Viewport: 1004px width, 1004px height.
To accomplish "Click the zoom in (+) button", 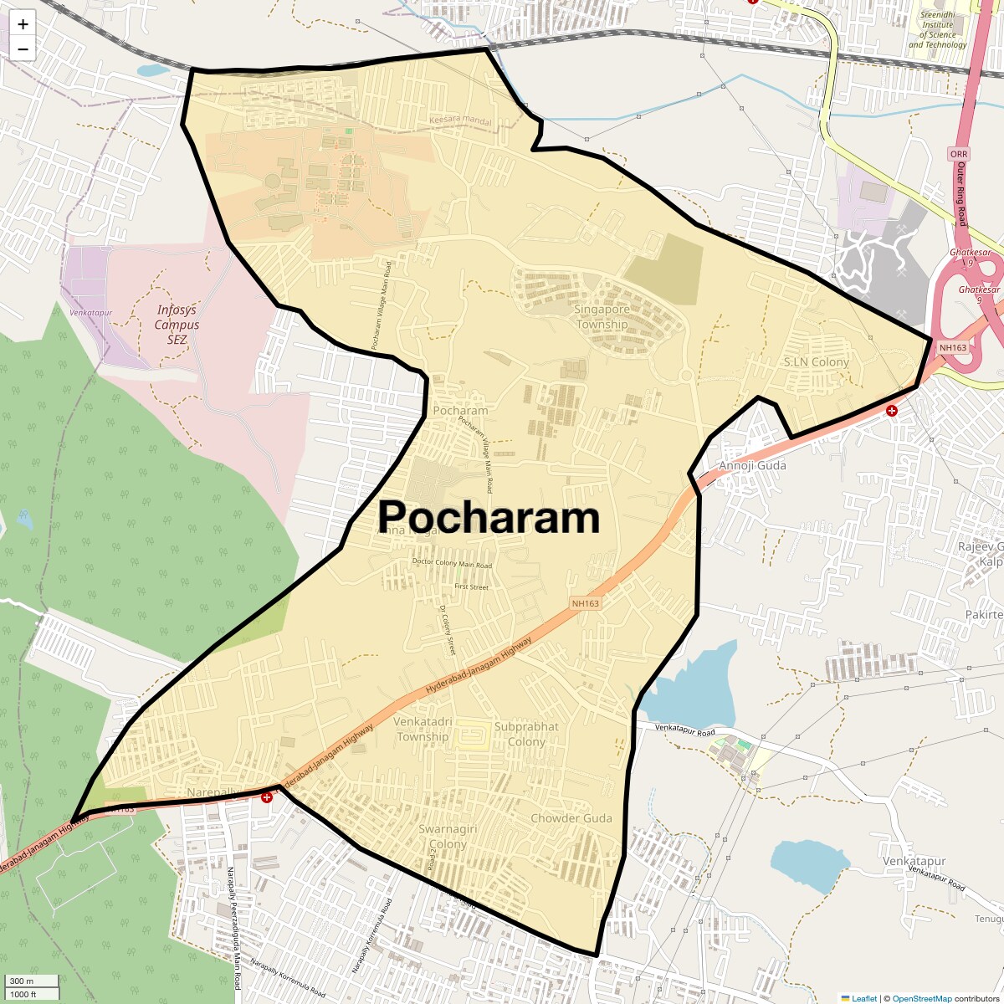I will [x=23, y=25].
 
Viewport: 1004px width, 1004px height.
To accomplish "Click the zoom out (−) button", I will [x=23, y=49].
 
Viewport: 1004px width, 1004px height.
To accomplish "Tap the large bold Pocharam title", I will [x=489, y=518].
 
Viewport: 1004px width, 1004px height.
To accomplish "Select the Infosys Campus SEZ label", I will [x=177, y=325].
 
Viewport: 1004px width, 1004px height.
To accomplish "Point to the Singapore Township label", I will [x=602, y=316].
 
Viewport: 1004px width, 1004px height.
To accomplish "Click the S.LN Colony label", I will [x=816, y=362].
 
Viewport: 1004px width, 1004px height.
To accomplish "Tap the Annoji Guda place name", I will [x=753, y=466].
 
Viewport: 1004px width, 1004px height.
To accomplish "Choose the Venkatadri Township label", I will [x=423, y=729].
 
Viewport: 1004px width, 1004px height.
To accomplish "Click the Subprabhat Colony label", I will [x=526, y=734].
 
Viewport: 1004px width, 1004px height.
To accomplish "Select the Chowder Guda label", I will [x=571, y=818].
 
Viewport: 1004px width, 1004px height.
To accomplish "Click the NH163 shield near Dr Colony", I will [x=586, y=603].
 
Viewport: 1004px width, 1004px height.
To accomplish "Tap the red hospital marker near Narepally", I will [x=267, y=797].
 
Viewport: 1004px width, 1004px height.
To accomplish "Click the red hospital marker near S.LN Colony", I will [x=892, y=411].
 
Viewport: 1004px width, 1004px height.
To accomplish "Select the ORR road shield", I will [x=959, y=155].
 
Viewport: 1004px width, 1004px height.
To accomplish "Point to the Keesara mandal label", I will [x=461, y=120].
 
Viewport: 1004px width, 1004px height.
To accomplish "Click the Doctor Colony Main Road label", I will [x=452, y=564].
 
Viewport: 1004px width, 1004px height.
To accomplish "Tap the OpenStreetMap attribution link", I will [x=921, y=998].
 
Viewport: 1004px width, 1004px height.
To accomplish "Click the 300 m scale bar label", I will [x=22, y=981].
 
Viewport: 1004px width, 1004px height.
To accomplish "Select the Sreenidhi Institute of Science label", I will [x=937, y=30].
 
